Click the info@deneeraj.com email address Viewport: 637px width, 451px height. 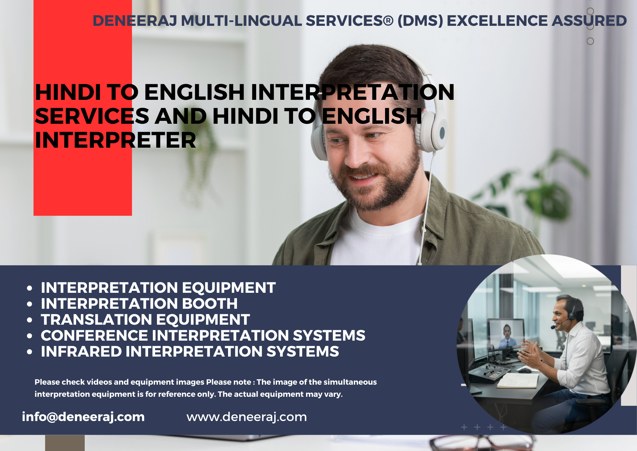pos(83,417)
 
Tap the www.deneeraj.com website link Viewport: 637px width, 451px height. pos(247,417)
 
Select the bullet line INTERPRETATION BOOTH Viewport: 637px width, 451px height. pos(139,304)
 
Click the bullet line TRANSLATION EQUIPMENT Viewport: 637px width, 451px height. pos(145,320)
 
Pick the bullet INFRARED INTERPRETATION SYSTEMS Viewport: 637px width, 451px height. pos(190,351)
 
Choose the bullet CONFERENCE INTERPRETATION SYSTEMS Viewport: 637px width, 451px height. pos(203,336)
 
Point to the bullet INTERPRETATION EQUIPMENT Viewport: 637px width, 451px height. pos(158,288)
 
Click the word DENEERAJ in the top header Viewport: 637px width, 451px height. pos(135,21)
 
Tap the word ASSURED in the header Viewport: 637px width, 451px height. pos(589,21)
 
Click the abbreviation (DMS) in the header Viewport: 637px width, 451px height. pos(420,21)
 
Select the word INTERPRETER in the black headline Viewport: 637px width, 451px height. pos(115,140)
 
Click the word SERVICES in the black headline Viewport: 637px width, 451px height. pos(92,116)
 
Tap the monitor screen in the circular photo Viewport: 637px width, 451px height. pos(506,334)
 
